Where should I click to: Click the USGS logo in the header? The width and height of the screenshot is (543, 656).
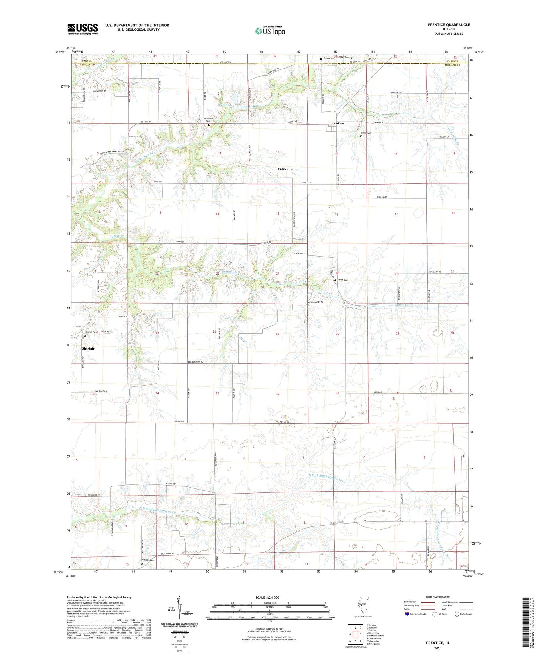coord(83,29)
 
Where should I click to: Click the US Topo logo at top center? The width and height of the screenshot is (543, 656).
coord(270,31)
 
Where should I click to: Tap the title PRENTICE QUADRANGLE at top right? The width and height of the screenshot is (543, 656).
coord(449,25)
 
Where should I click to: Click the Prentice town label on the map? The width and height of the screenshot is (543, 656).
coord(337,123)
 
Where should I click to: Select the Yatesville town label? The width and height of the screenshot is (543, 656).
coord(285,169)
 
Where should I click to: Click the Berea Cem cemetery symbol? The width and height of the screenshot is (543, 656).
coord(334,280)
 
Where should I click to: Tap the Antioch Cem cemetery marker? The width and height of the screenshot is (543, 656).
coord(142,563)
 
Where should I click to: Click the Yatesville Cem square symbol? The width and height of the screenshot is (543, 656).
coord(209,125)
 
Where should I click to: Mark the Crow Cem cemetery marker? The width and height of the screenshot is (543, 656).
coord(321,59)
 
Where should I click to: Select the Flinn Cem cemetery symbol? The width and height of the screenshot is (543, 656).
coord(361,136)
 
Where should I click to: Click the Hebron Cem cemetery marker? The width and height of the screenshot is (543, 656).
coord(85,335)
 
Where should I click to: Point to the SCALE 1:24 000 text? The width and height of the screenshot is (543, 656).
coord(267,598)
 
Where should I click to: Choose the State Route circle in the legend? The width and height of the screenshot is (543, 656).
coord(457,614)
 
